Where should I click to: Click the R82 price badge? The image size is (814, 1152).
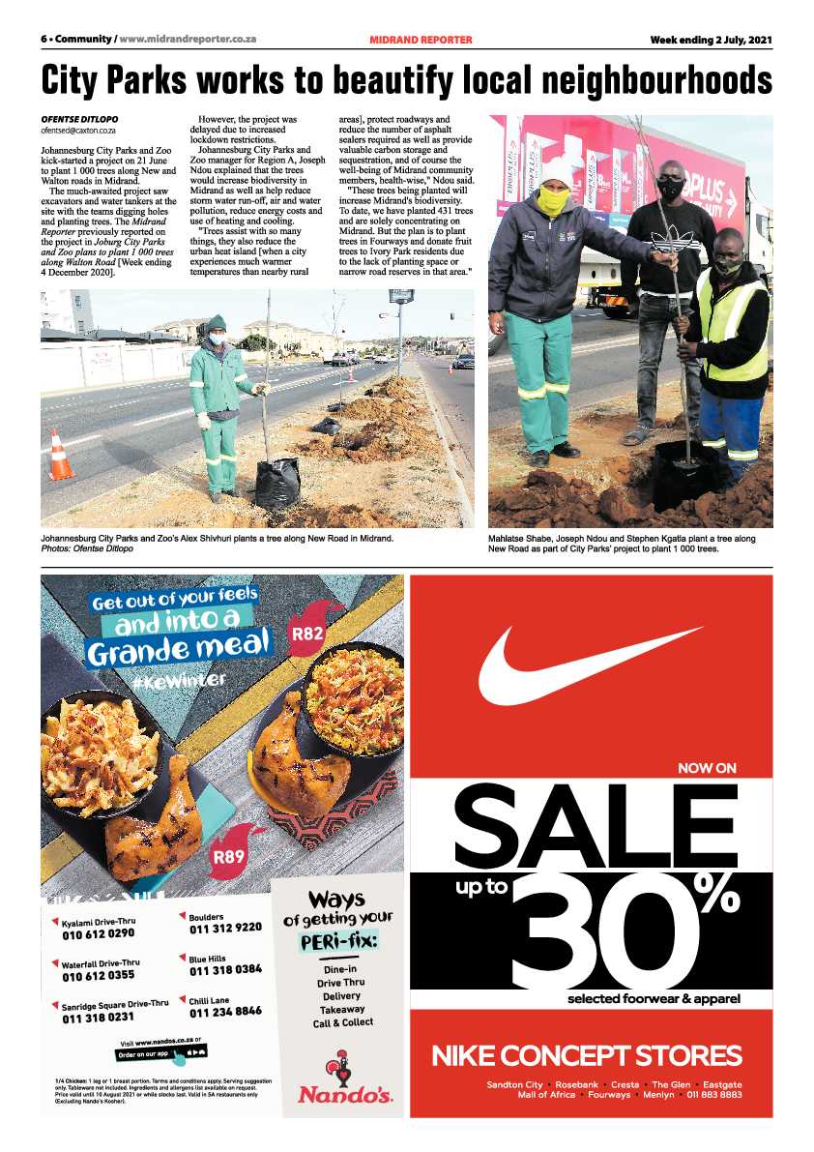[x=307, y=634]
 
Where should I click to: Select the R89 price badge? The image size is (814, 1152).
[x=228, y=856]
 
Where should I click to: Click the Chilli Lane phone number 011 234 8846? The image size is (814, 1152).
[x=225, y=1012]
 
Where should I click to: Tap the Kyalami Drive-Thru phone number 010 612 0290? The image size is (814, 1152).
[x=98, y=934]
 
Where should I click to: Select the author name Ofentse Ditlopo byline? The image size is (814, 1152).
[x=79, y=119]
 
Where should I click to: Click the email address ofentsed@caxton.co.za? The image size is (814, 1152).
[x=78, y=130]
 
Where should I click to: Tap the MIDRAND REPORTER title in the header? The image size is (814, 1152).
[x=421, y=40]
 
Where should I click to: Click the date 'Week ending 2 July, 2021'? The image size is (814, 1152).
[x=711, y=40]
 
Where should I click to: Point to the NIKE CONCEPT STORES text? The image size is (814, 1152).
[x=587, y=1055]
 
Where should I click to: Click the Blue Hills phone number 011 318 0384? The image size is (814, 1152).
[x=225, y=969]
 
